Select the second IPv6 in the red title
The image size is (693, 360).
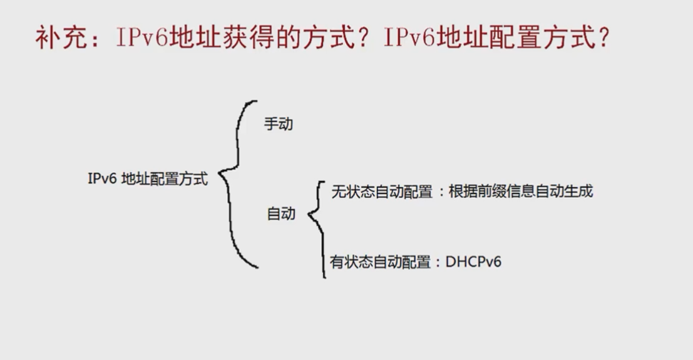(409, 39)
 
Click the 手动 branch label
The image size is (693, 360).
(278, 124)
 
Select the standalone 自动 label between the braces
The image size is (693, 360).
(280, 214)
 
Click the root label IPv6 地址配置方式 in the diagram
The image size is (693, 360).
(147, 178)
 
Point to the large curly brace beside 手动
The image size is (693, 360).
(237, 182)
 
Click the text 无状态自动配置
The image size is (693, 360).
(381, 192)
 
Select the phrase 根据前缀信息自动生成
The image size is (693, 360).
(520, 192)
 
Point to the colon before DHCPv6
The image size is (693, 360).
(438, 262)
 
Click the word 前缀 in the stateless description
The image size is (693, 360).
(491, 192)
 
